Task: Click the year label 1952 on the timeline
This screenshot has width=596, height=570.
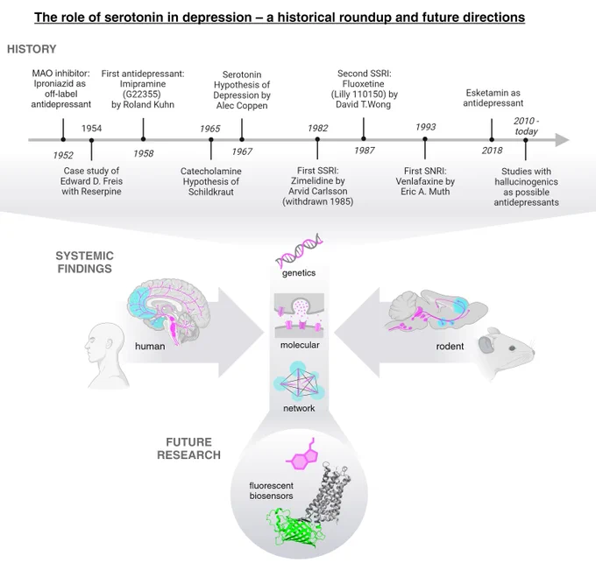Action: [63, 155]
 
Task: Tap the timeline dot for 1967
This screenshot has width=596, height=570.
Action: [242, 140]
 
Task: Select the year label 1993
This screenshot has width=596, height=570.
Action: [425, 127]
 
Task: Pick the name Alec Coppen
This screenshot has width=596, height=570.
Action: [242, 106]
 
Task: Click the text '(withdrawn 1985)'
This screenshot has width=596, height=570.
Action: [318, 201]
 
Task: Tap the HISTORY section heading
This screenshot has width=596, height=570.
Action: [32, 49]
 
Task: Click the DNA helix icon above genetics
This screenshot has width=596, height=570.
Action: [299, 250]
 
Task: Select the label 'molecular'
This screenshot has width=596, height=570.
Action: [300, 345]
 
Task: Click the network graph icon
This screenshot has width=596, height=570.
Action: [299, 382]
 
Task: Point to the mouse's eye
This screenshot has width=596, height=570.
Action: [513, 348]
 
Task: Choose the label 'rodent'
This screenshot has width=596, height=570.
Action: [450, 347]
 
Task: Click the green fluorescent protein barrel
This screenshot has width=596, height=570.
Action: [294, 529]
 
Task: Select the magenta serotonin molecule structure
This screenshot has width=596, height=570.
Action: [302, 455]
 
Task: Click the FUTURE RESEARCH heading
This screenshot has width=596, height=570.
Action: [189, 448]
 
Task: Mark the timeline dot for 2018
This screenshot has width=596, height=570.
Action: [492, 140]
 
